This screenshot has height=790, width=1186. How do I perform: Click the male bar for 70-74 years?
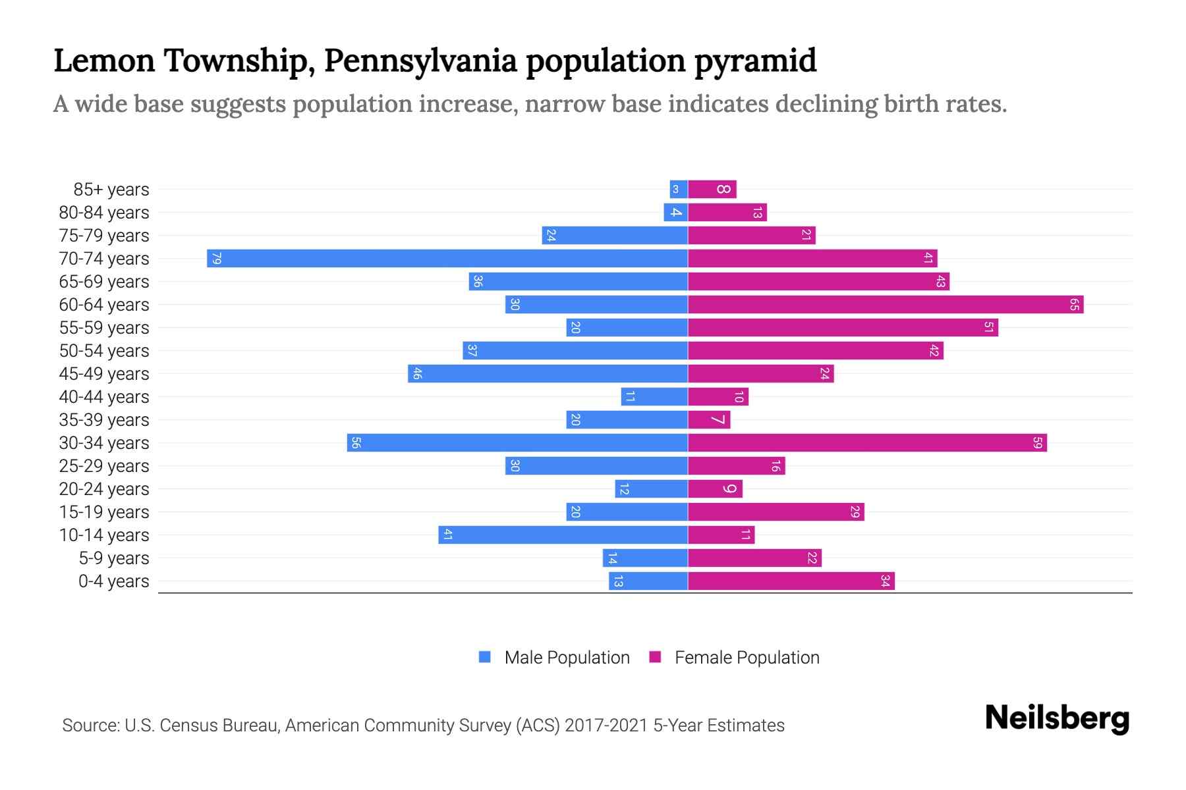(x=448, y=258)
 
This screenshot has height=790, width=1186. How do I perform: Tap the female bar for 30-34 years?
(x=866, y=442)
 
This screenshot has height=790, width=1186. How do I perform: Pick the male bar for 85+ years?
(x=679, y=189)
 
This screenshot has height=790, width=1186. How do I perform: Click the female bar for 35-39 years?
(x=709, y=419)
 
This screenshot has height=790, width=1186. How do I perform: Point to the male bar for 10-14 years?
(x=563, y=535)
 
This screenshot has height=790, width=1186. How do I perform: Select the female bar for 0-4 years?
(x=791, y=581)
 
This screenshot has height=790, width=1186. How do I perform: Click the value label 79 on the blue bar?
(x=216, y=258)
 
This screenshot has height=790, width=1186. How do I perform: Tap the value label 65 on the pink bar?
(x=1074, y=304)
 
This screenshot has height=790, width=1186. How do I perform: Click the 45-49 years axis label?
(x=104, y=373)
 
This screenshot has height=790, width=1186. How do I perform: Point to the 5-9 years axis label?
(x=114, y=558)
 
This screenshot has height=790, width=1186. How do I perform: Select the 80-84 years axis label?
(x=104, y=212)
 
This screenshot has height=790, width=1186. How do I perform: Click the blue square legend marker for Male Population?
(x=485, y=657)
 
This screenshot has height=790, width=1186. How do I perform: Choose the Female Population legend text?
(x=747, y=657)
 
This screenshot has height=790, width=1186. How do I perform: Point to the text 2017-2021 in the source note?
(x=606, y=725)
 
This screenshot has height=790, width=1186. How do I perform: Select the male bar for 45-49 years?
(x=548, y=373)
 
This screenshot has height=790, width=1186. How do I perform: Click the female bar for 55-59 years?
(x=842, y=327)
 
